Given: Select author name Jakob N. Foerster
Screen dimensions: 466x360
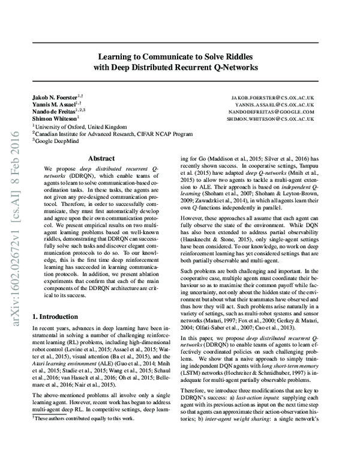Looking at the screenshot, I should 54,97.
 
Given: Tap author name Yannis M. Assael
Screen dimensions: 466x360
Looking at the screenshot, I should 53,104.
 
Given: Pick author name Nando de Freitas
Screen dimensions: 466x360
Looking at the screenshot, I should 52,111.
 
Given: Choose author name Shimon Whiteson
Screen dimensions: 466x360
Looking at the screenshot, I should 52,119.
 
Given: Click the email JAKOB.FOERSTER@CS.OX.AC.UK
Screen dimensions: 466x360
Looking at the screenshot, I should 272,97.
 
